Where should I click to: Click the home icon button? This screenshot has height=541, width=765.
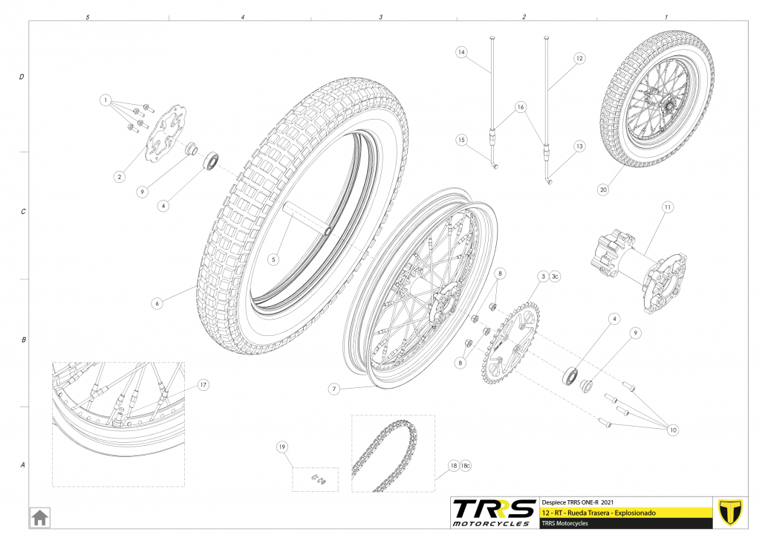(39, 517)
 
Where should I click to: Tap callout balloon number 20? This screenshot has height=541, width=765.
(603, 189)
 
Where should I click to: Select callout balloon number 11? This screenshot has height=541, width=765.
(667, 207)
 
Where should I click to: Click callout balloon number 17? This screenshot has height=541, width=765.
(203, 385)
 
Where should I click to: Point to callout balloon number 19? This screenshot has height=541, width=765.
(282, 447)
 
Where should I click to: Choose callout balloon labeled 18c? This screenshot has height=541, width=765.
(466, 465)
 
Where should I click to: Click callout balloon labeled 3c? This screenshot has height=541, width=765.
(555, 276)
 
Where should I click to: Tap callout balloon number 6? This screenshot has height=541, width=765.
(157, 303)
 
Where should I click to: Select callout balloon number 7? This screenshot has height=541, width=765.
(333, 389)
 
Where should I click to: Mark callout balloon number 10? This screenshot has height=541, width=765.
(673, 430)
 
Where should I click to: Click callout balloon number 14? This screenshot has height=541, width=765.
(461, 52)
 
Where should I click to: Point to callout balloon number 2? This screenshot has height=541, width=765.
(120, 177)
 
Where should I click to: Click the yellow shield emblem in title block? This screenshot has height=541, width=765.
(730, 512)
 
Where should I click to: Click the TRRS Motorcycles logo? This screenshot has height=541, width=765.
(493, 513)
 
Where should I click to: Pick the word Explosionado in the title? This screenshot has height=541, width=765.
(635, 513)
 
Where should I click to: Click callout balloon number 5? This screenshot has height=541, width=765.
(273, 259)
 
